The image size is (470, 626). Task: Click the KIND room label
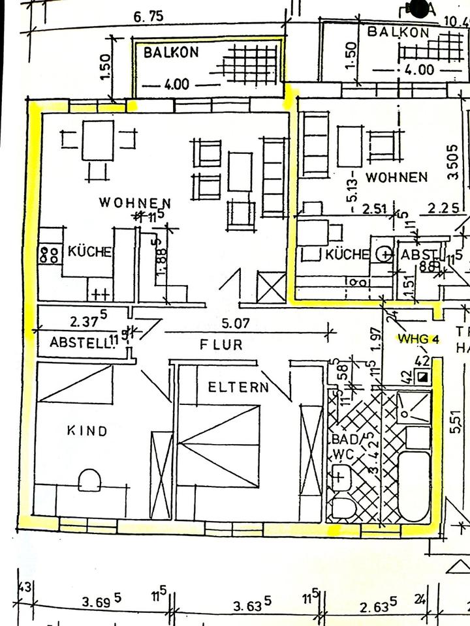click(87, 430)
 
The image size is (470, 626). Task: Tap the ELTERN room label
click(238, 387)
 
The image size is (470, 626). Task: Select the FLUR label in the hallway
click(221, 344)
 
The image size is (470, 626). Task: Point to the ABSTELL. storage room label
click(78, 342)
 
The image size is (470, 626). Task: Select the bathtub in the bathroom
click(414, 486)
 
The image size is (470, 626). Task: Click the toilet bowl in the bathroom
click(343, 508)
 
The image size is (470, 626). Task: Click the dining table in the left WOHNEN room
click(98, 140)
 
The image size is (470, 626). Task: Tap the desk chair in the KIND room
click(89, 480)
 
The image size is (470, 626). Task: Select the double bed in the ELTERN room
click(219, 446)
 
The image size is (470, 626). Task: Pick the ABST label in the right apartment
click(417, 254)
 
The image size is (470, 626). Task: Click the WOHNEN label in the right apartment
click(396, 177)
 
